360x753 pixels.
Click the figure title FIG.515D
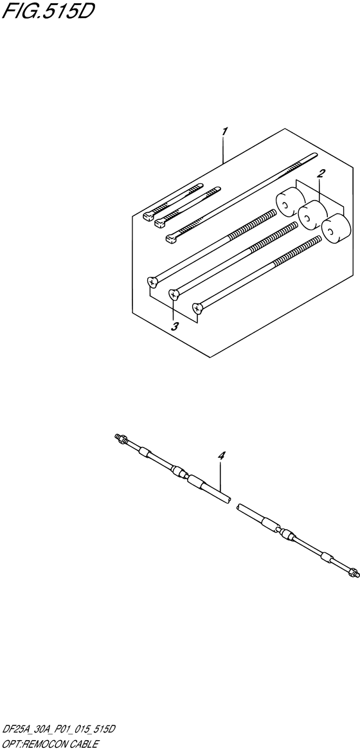(x=48, y=11)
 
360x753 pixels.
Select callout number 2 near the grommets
(x=321, y=173)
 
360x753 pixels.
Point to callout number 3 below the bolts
(x=174, y=326)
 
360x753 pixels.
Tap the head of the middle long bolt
(x=174, y=295)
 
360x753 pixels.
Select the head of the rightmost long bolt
(x=198, y=309)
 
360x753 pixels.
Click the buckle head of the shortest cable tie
(x=148, y=214)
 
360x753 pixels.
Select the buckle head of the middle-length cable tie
(x=159, y=221)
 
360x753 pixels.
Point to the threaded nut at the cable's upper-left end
(x=120, y=439)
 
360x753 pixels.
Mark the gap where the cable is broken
(x=233, y=504)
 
